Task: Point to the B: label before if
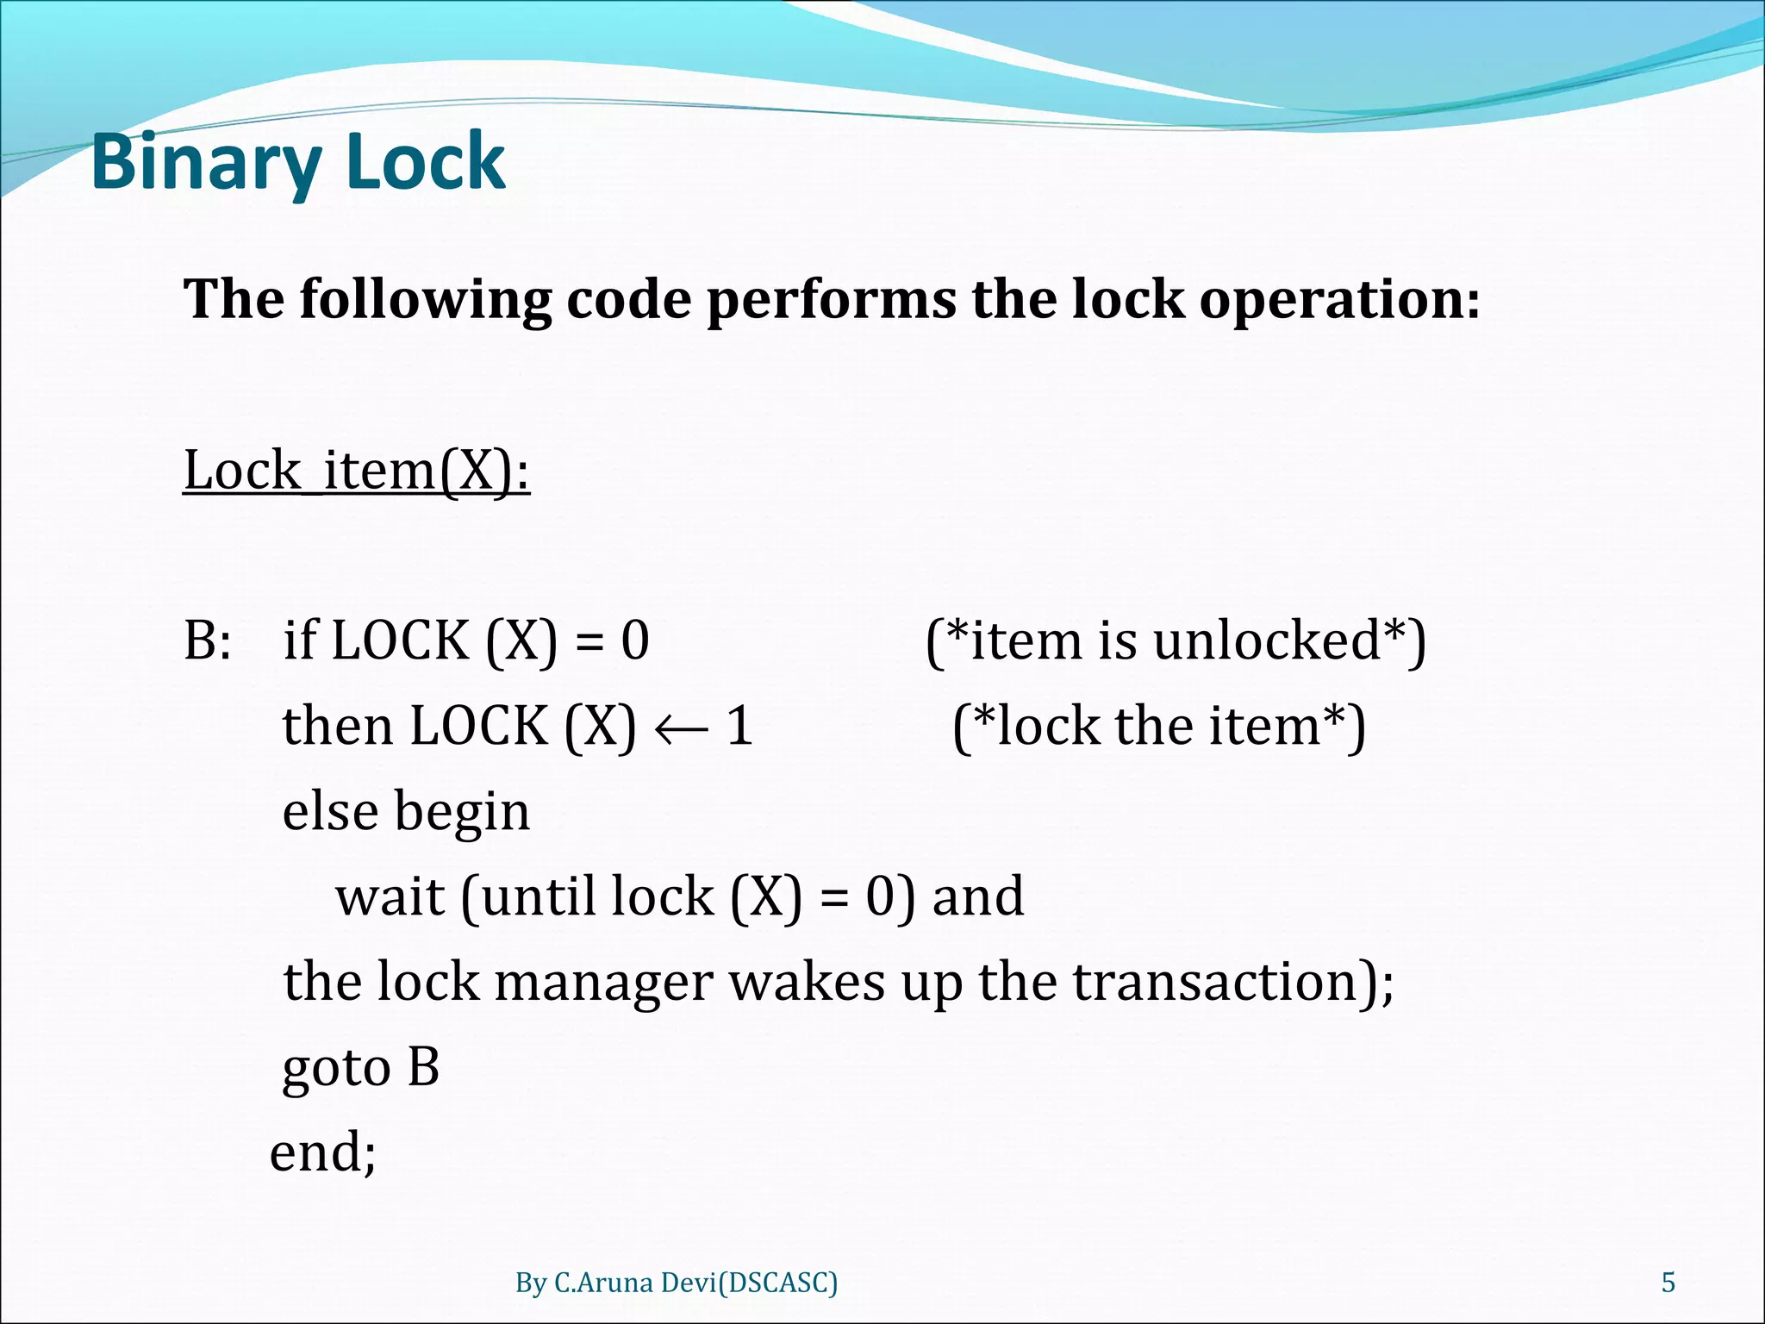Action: pyautogui.click(x=208, y=640)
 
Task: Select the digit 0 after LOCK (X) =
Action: pyautogui.click(x=635, y=640)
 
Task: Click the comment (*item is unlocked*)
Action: pyautogui.click(x=1176, y=640)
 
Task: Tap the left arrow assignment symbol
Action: pyautogui.click(x=681, y=728)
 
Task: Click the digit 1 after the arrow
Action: pyautogui.click(x=739, y=726)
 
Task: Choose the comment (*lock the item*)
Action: pyautogui.click(x=1159, y=726)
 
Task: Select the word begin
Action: pyautogui.click(x=462, y=813)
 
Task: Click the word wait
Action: pyautogui.click(x=390, y=896)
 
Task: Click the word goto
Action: pyautogui.click(x=337, y=1069)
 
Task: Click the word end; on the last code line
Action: pyautogui.click(x=323, y=1152)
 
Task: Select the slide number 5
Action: pyautogui.click(x=1668, y=1283)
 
